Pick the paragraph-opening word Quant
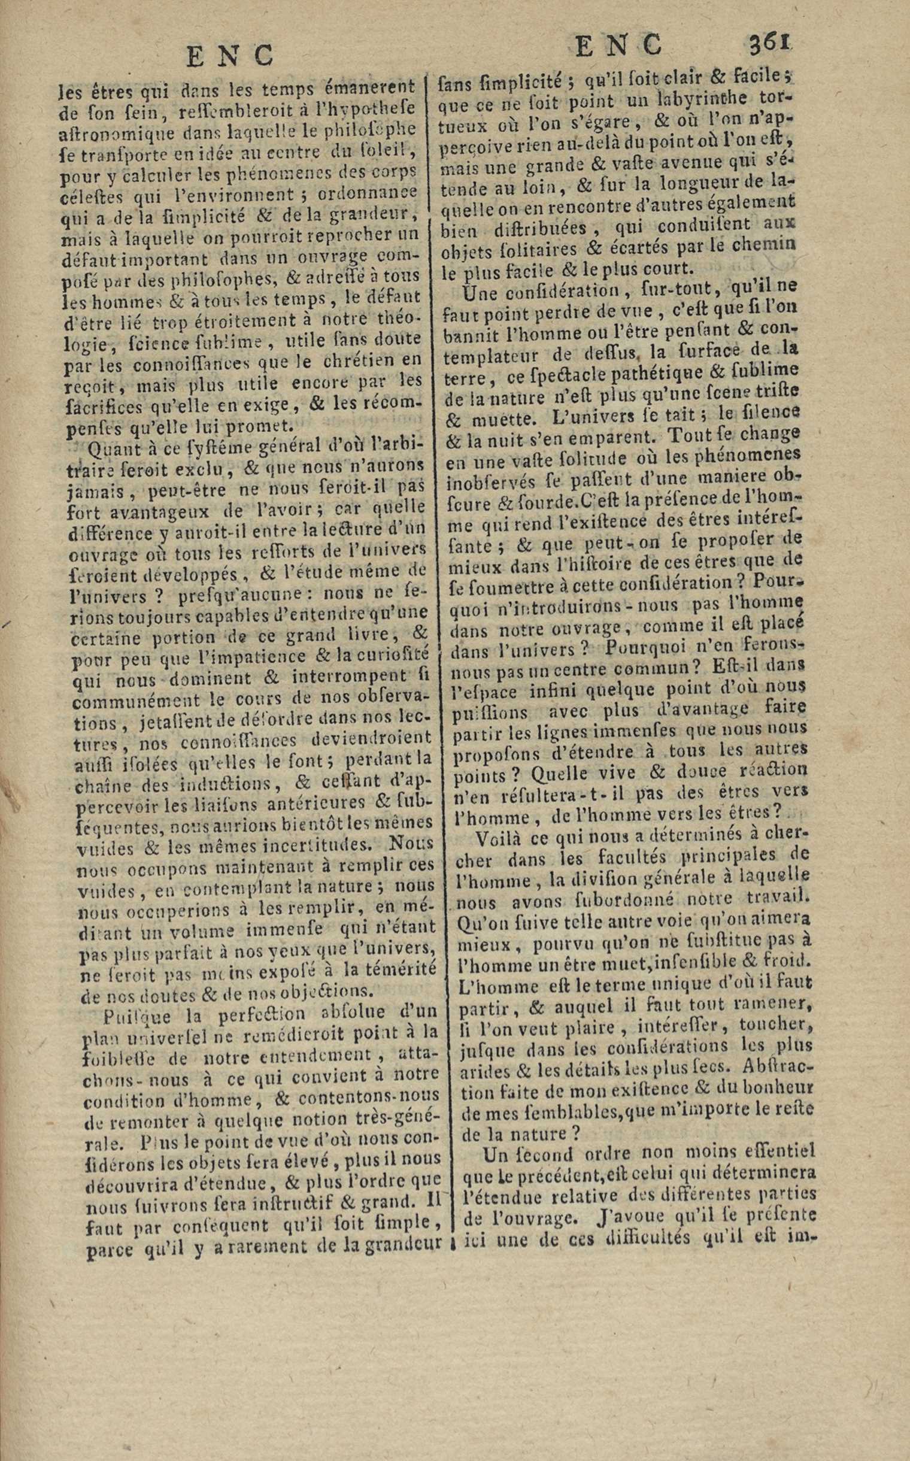(111, 450)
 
